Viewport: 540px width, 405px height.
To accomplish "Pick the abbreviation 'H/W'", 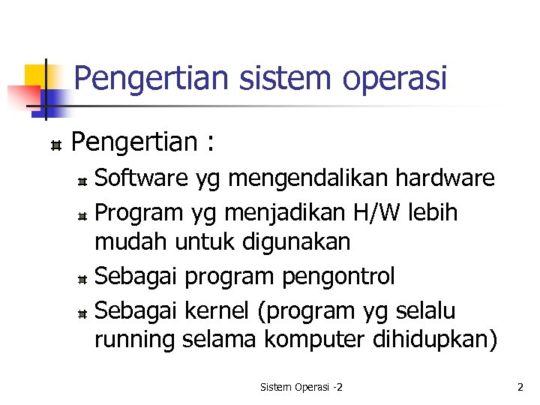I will coord(379,212).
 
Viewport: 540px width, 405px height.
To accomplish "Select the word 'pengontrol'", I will coord(338,276).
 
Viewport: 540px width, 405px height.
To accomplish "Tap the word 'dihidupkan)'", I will coord(434,340).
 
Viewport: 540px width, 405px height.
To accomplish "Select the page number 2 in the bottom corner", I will coord(520,387).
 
